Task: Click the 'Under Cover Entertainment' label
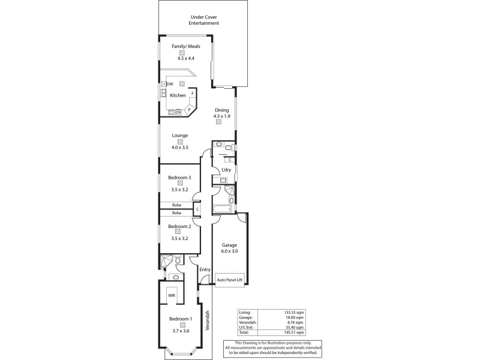pos(205,20)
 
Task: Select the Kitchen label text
pos(178,95)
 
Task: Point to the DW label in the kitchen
pos(170,84)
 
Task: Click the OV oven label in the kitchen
pos(178,112)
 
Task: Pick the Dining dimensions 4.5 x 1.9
pos(221,116)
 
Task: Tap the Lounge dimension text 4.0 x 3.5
pos(179,147)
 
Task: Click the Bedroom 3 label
pos(179,177)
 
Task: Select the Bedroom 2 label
pos(179,226)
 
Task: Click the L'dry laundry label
pos(226,170)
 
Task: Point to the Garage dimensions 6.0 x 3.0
pos(230,251)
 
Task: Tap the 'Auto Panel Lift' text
pos(230,280)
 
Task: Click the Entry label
pos(205,269)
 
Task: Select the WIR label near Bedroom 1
pos(172,296)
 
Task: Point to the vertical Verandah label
pos(208,321)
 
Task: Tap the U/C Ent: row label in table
pos(246,327)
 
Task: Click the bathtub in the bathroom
pos(222,208)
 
